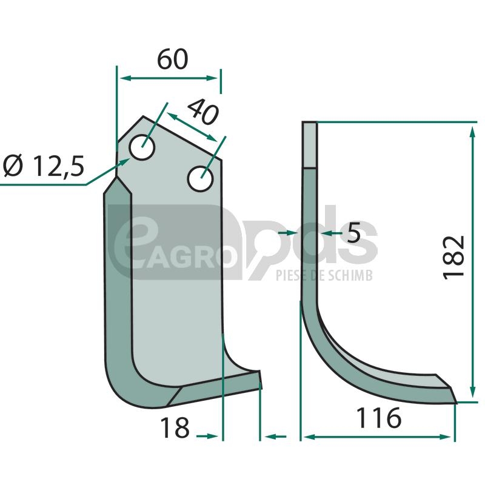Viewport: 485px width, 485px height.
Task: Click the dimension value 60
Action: [x=173, y=59]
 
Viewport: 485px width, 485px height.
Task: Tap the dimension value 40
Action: [x=203, y=112]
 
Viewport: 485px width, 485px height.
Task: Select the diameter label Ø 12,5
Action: [x=44, y=166]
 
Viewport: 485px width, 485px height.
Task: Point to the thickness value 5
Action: [x=353, y=233]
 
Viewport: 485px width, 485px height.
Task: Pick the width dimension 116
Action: [x=379, y=418]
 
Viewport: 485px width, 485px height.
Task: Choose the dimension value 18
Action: [x=175, y=427]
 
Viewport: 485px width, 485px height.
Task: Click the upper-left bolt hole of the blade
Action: [x=142, y=147]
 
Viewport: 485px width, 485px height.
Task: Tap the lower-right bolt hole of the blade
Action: [x=201, y=179]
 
